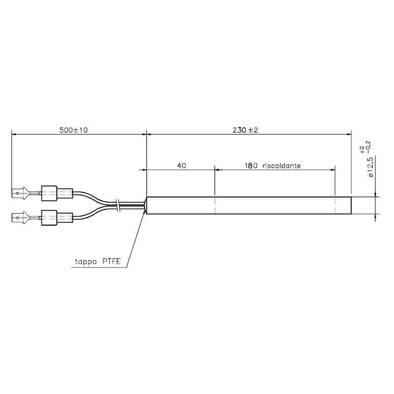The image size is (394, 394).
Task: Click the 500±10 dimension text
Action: [x=73, y=130]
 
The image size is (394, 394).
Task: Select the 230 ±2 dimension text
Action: [x=245, y=130]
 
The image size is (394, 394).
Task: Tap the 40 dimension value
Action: [x=182, y=165]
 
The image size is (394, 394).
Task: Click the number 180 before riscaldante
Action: [x=251, y=165]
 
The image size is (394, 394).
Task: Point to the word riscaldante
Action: [x=281, y=165]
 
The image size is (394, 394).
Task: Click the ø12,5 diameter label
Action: [x=371, y=167]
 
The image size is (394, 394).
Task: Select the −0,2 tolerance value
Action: [x=368, y=147]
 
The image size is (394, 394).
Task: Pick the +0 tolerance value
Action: [x=362, y=150]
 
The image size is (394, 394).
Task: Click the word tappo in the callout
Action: [x=86, y=262]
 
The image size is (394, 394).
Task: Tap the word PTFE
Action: [x=112, y=262]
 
